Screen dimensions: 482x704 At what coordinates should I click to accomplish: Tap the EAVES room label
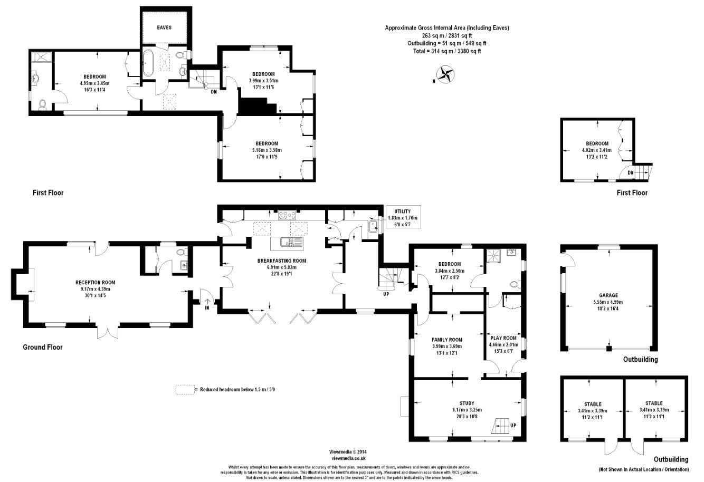pos(164,27)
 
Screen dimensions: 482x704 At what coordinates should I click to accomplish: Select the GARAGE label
pos(608,295)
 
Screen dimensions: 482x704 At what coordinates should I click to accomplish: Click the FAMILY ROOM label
pos(446,340)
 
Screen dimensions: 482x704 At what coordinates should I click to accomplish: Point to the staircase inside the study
pos(502,425)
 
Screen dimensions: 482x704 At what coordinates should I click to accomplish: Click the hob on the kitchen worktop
pos(288,215)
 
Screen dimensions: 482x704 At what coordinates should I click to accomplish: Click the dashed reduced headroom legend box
pos(184,390)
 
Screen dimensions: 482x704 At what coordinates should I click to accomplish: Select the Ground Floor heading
pos(42,348)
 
